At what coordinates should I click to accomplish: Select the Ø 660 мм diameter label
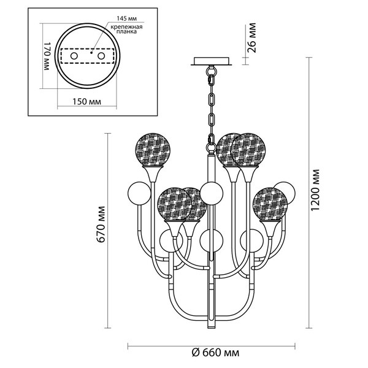tap(212, 353)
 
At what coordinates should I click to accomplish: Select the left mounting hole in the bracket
tap(75, 56)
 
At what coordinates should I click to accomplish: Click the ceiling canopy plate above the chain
tap(212, 61)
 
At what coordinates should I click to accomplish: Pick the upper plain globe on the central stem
tap(212, 194)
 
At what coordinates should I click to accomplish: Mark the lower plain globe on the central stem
tap(211, 240)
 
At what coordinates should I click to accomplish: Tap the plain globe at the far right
tap(285, 193)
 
